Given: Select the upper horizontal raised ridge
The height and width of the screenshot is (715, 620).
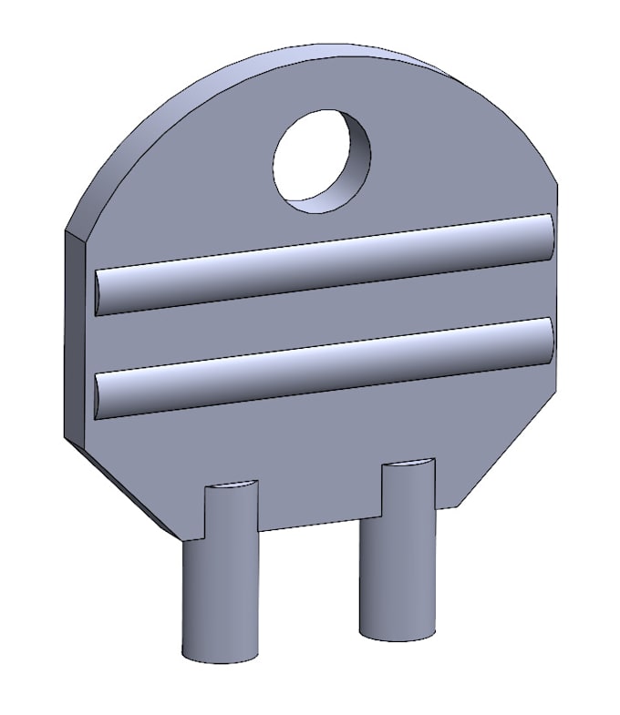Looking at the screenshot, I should (324, 263).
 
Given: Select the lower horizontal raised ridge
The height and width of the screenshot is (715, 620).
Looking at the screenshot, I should (324, 366).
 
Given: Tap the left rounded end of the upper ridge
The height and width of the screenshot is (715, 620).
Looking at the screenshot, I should (100, 291).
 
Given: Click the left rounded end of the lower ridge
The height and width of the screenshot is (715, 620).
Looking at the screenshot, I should (100, 396).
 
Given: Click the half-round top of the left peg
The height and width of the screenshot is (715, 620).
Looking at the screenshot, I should (231, 485).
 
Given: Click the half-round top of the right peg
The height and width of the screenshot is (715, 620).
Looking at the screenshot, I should (408, 465).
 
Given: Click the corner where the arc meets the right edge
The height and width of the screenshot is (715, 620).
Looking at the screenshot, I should (556, 182).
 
